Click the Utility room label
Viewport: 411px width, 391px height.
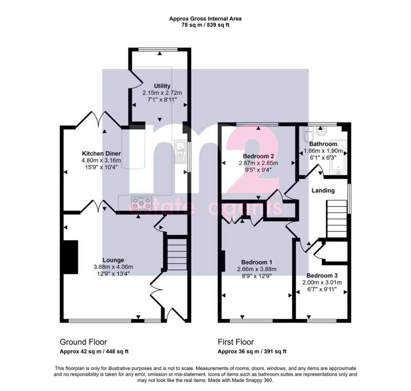[162, 86]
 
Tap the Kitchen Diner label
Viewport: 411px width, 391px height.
[101, 153]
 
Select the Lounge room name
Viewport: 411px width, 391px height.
[113, 260]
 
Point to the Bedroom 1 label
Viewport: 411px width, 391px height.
[256, 262]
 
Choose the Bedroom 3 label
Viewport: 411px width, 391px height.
[322, 276]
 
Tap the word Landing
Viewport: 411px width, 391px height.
[323, 190]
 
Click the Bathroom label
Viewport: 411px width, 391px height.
[323, 144]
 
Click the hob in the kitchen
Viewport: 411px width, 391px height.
[142, 203]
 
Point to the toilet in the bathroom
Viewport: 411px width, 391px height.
[307, 133]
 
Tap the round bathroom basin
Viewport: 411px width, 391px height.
[320, 131]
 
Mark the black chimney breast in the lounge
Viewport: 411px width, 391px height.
[70, 257]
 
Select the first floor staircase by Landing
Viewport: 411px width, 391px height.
[337, 219]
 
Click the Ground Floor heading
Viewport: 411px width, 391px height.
[83, 342]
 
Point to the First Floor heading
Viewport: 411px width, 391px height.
[236, 342]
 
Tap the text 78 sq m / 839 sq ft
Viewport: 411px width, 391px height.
[206, 25]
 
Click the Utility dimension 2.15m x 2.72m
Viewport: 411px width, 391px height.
[162, 93]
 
